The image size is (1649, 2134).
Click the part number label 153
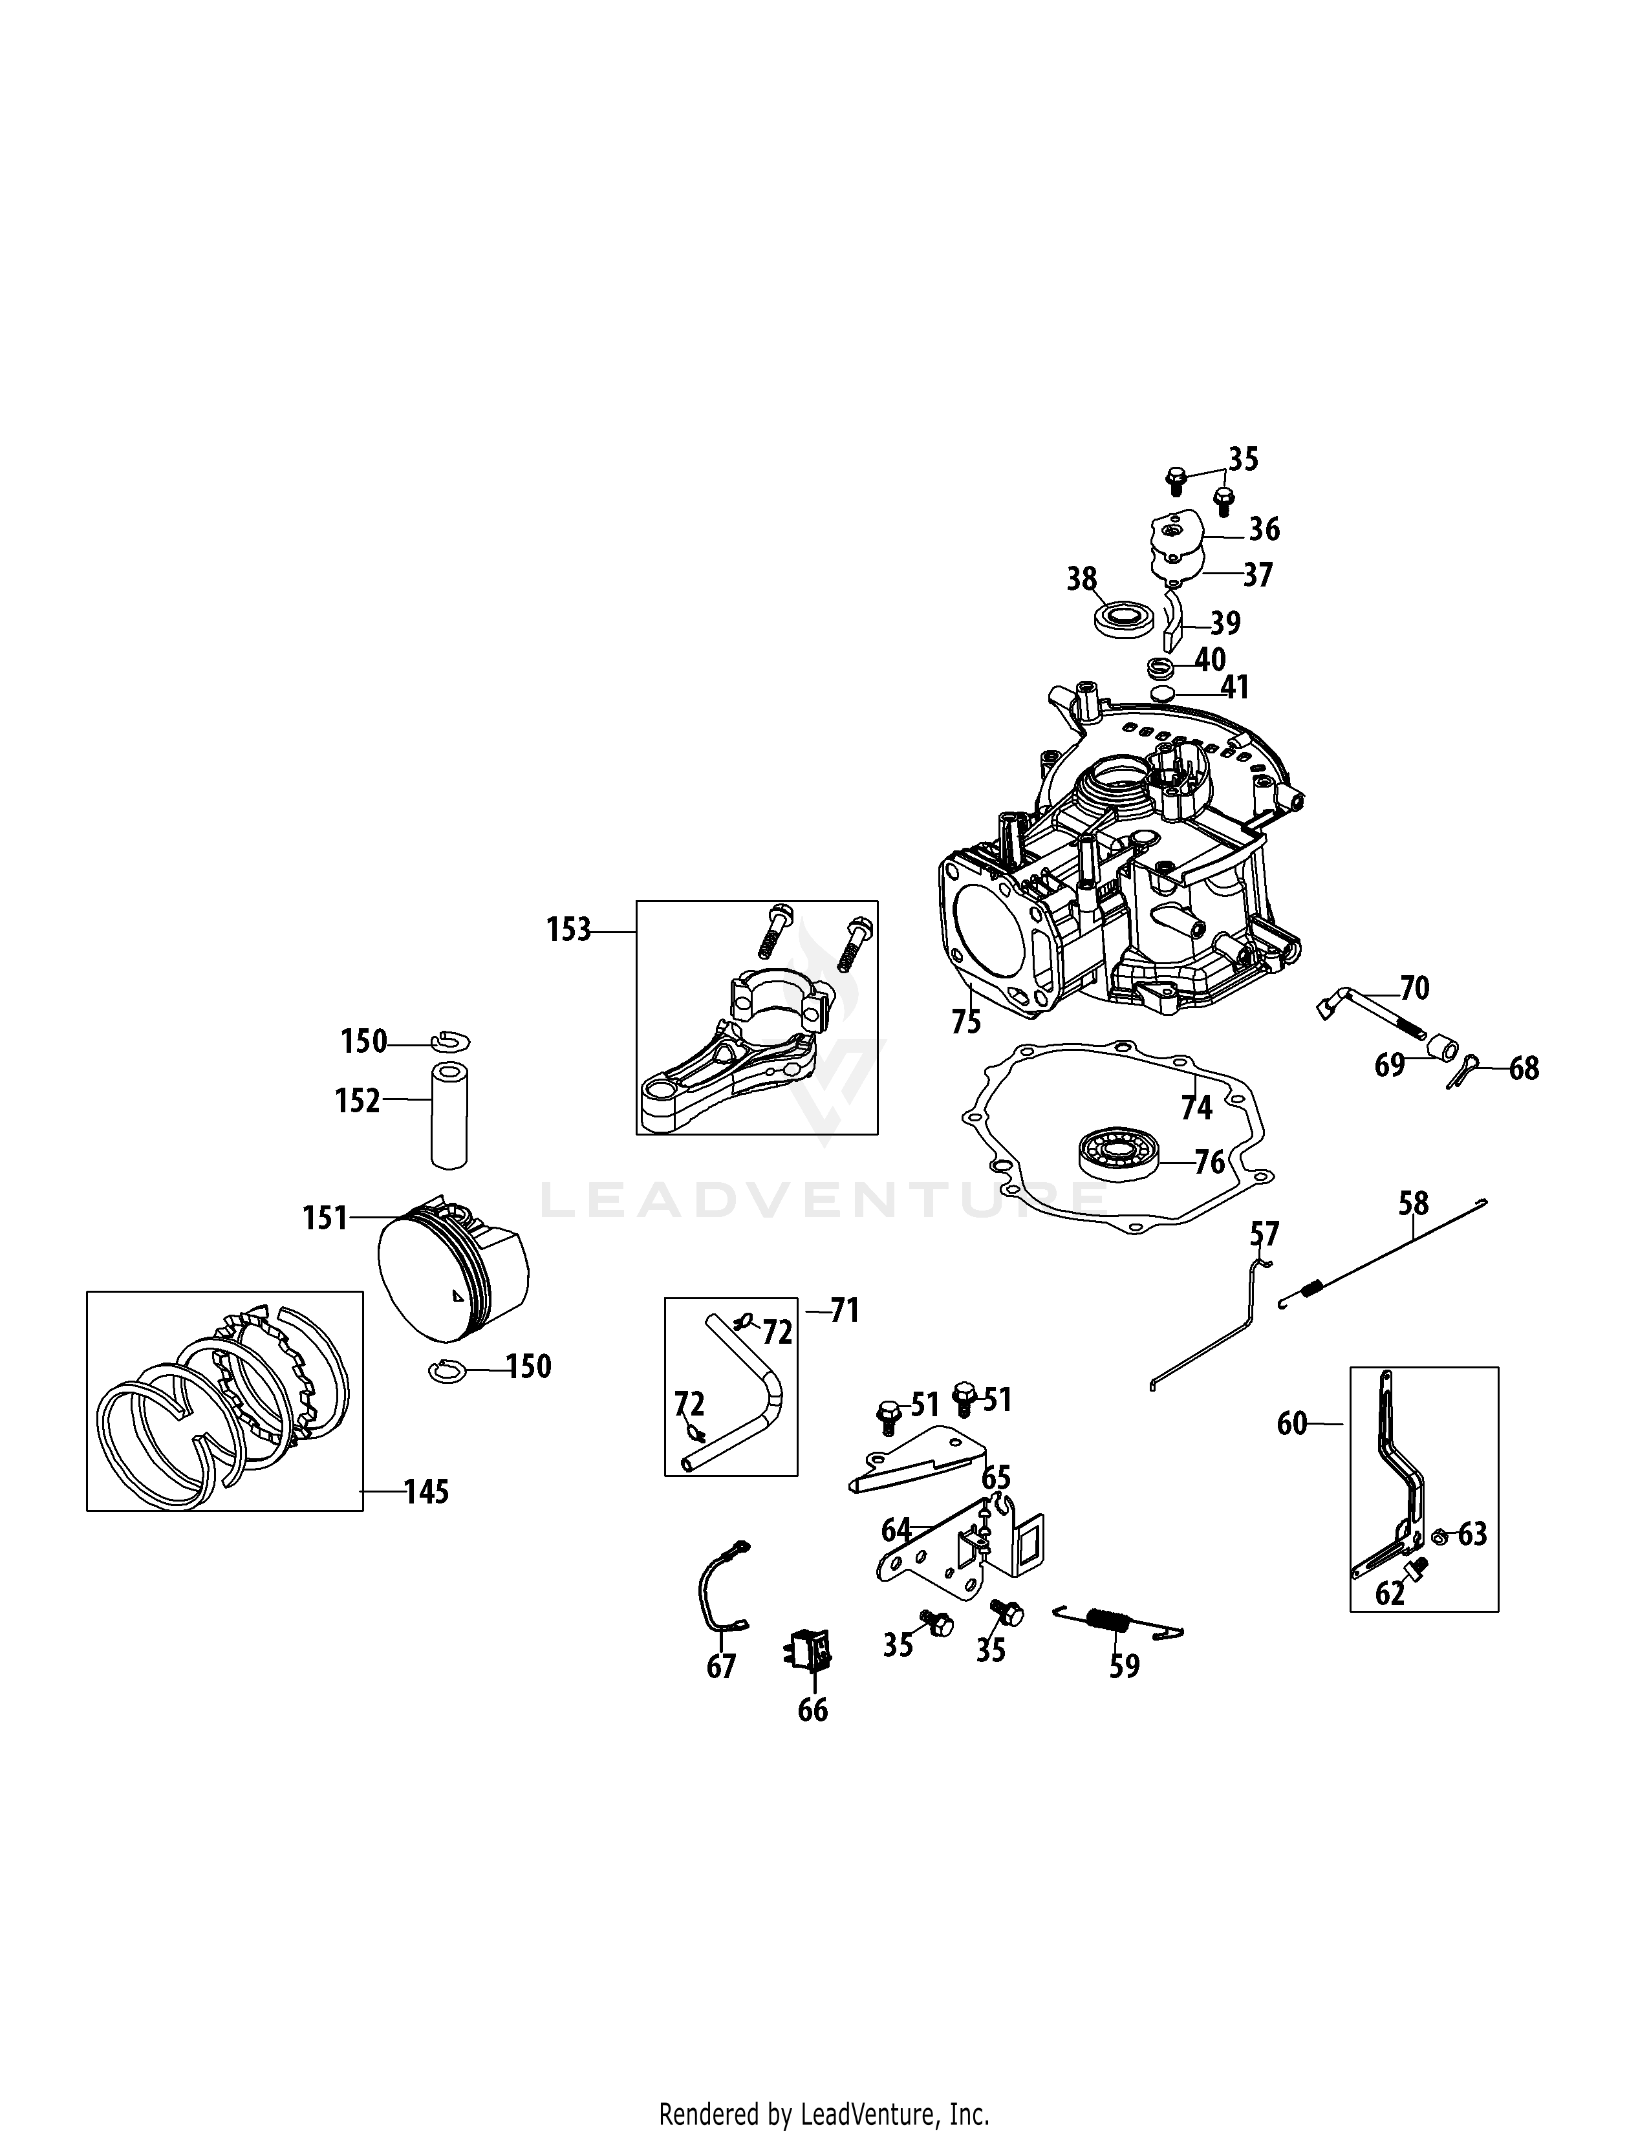(568, 930)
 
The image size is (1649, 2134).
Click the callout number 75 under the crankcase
(966, 1021)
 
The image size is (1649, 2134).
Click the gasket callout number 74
(1197, 1107)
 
